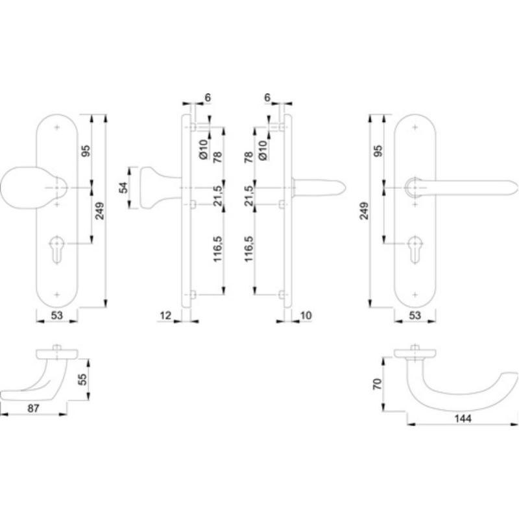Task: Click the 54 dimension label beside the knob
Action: coord(124,187)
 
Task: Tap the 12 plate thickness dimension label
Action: coord(165,315)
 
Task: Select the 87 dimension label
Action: coord(33,409)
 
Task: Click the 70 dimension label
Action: coord(378,384)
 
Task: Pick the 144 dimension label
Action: coord(463,418)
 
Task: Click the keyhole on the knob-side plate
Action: coord(57,250)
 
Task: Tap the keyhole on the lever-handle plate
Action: coord(415,250)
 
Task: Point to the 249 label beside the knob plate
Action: coord(99,211)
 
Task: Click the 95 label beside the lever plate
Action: coord(378,151)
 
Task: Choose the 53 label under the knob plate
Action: coord(56,315)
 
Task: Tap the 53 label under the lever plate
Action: coord(415,315)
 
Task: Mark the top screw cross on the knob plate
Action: coord(57,127)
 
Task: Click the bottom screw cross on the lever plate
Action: coord(415,295)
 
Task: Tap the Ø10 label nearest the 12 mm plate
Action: coord(203,150)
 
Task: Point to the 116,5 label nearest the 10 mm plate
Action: coord(248,249)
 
